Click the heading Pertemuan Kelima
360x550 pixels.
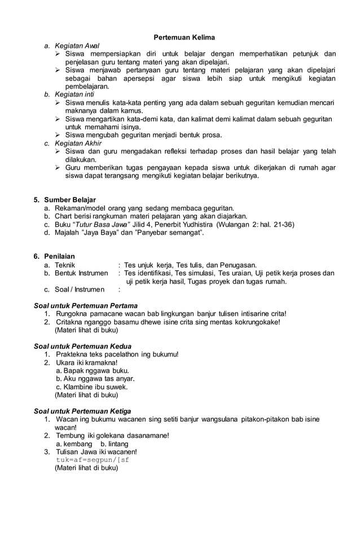pos(185,37)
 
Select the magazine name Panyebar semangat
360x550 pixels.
pos(168,232)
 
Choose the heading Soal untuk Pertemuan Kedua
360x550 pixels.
pos(83,346)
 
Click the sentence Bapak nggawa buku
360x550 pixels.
pos(92,371)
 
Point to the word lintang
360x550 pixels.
pos(118,444)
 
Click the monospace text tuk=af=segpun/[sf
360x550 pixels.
pos(93,460)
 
